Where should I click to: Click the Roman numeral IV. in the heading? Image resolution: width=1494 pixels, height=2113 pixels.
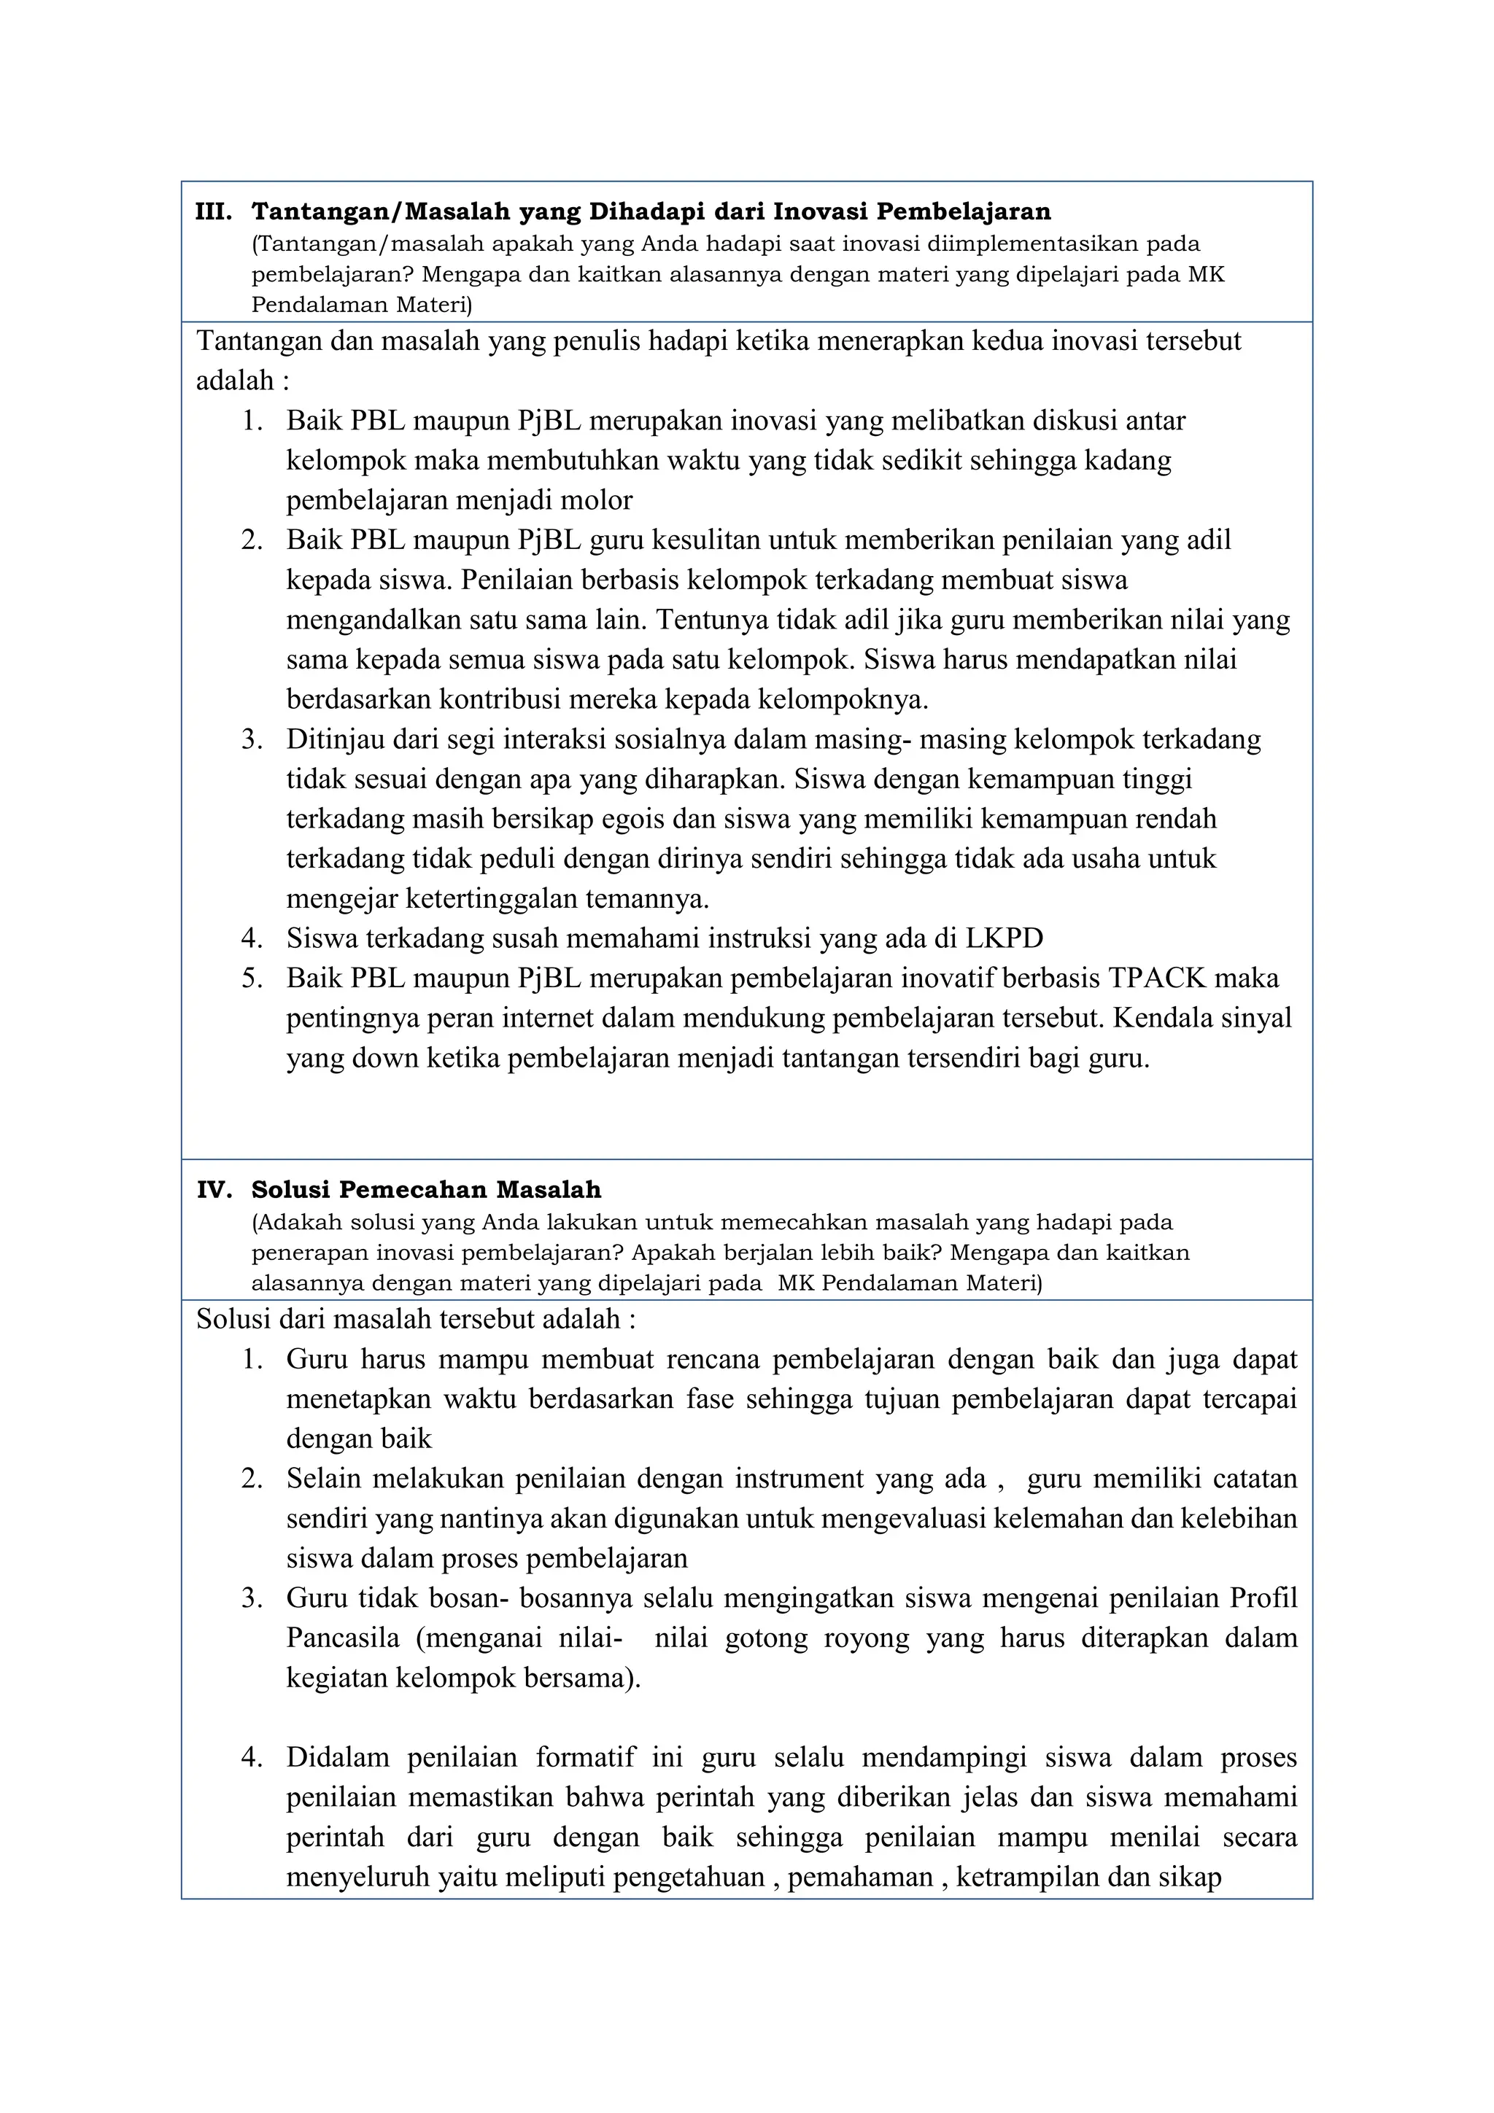[x=214, y=1191]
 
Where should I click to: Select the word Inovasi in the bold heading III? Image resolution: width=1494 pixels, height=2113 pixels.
[x=819, y=213]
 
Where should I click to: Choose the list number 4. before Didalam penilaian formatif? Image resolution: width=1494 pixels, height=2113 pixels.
[x=252, y=1758]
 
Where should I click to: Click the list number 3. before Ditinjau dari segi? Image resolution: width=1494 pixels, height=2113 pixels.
[x=252, y=740]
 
